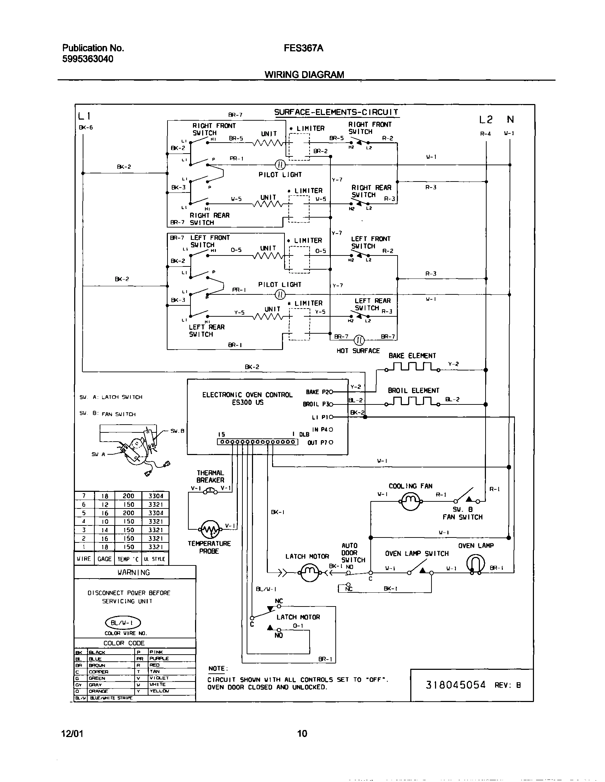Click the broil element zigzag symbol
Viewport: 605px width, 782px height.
click(412, 401)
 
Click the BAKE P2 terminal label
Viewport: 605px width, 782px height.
click(317, 392)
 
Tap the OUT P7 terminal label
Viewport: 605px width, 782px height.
click(317, 443)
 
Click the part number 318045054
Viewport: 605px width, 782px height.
click(456, 685)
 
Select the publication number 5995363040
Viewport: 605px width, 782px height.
click(88, 59)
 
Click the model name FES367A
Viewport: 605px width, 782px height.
click(303, 48)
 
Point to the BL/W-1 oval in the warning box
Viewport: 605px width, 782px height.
click(123, 623)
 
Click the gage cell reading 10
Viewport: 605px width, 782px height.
click(104, 521)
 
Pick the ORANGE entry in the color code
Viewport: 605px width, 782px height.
click(98, 691)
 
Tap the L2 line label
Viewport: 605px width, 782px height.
click(486, 120)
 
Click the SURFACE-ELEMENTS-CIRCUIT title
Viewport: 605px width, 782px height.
click(336, 112)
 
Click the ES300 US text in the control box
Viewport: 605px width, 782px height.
click(247, 402)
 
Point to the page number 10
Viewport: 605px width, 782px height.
click(302, 734)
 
